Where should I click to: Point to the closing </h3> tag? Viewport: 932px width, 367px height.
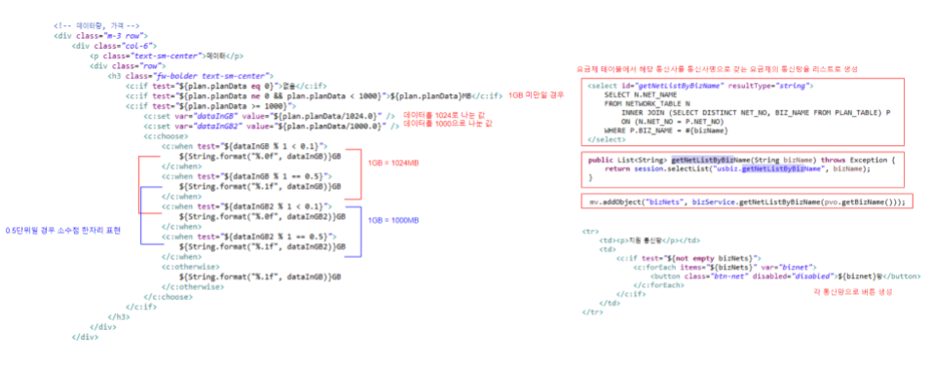120,316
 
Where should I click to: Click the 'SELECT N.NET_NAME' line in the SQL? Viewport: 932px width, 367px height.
637,94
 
